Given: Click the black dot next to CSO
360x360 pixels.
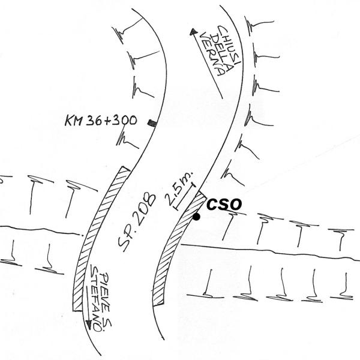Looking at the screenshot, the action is (x=197, y=217).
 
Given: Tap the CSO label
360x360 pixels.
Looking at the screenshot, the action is (x=224, y=205).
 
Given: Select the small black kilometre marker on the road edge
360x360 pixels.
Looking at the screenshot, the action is (x=152, y=123).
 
